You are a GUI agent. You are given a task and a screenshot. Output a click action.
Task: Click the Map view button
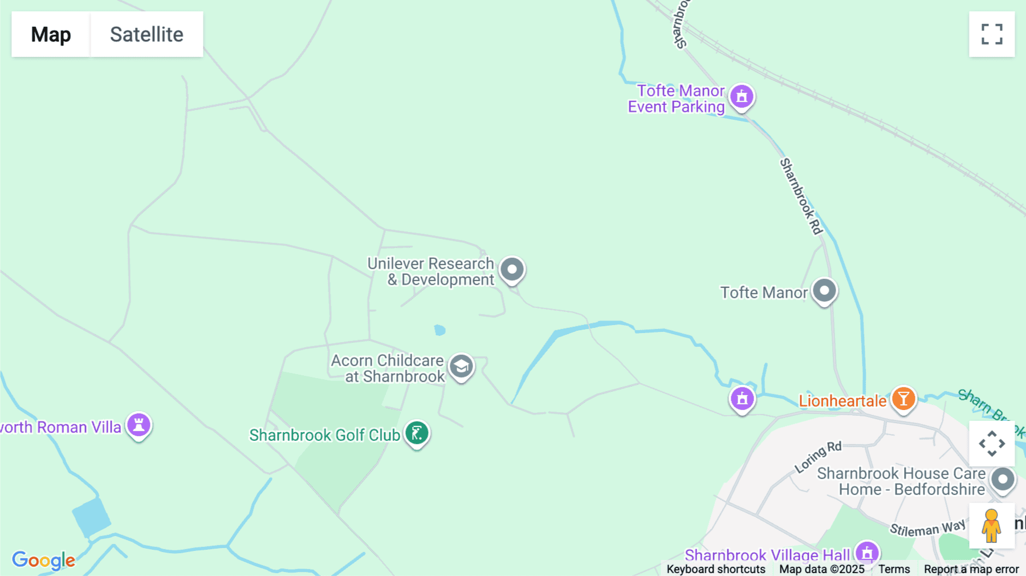point(51,34)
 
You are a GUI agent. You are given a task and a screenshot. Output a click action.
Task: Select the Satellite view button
point(146,34)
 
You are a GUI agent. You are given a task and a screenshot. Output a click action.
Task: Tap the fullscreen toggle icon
point(992,34)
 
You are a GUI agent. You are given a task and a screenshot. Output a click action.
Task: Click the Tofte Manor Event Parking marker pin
point(742,97)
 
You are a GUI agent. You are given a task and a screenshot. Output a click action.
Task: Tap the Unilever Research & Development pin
point(512,269)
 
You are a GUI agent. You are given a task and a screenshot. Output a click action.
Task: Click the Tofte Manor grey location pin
point(824,291)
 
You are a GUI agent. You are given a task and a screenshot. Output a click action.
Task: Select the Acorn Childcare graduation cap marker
point(461,367)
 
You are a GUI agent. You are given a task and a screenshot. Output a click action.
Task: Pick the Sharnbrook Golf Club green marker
point(417,433)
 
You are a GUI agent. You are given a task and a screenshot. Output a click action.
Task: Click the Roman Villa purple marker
point(139,425)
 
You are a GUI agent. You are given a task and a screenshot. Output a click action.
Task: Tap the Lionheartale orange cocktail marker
point(903,399)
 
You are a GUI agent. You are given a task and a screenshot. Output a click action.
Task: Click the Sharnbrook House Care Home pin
point(1003,479)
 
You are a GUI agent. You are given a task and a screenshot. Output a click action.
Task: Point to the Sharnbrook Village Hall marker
point(866,553)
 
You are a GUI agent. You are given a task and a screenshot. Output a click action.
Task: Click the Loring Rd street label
point(818,457)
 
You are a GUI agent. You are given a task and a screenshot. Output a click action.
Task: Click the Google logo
point(43,560)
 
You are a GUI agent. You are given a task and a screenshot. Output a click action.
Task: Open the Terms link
point(894,569)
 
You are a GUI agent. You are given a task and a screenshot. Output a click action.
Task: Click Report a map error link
point(971,569)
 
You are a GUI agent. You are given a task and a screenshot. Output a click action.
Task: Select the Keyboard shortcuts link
point(716,569)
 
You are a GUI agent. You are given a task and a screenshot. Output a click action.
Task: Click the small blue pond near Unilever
point(439,330)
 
